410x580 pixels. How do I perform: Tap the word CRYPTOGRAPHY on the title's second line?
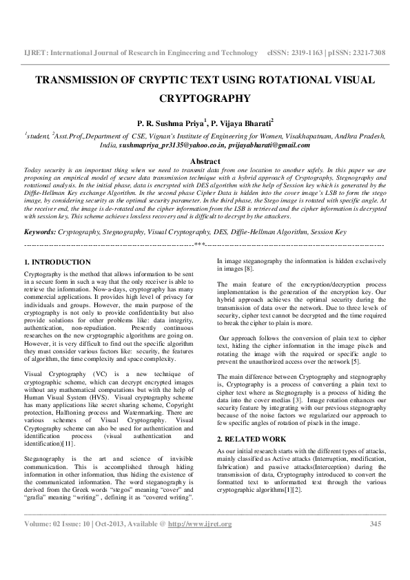click(x=205, y=98)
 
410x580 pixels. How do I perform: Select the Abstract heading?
click(x=205, y=160)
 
